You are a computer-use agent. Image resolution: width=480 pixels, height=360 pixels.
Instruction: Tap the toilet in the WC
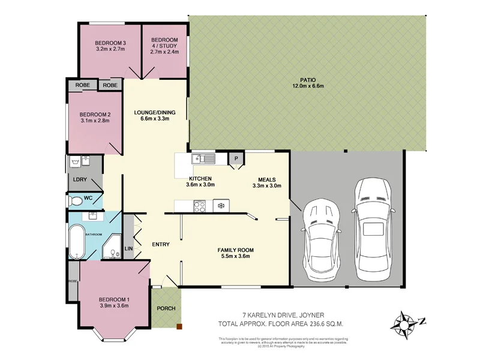pos(77,200)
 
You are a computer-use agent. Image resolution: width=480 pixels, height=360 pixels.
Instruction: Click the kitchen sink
pos(204,159)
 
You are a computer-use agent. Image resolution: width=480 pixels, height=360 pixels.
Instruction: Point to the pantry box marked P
pos(236,159)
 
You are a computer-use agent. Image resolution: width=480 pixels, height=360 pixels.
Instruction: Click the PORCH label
pos(166,309)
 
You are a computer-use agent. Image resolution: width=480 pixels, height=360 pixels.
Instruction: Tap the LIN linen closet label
pos(128,248)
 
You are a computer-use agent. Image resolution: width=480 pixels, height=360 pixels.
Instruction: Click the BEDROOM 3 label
pos(110,43)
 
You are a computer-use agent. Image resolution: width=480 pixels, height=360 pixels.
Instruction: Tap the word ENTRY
pos(161,244)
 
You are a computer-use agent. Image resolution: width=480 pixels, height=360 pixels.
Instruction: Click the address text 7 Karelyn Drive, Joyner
pos(283,314)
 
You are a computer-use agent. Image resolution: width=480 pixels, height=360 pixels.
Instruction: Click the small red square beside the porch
pos(178,327)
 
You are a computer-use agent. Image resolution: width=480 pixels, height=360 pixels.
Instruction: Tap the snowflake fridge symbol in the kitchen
pos(220,206)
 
